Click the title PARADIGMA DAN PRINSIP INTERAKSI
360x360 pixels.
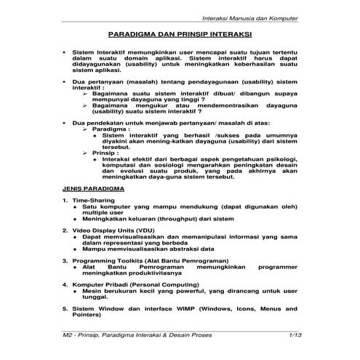tap(180, 34)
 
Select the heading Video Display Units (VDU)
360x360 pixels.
tap(113, 230)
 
